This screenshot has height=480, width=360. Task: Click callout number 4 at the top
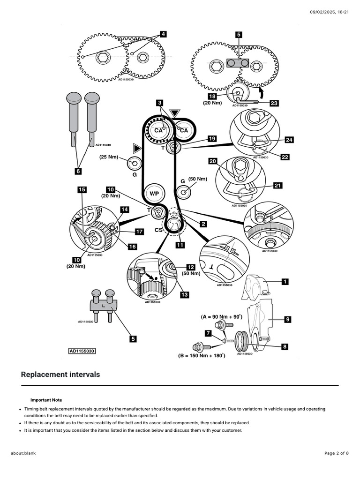(x=163, y=34)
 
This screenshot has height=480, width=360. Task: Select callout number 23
(x=274, y=103)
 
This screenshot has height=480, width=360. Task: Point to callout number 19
(x=212, y=139)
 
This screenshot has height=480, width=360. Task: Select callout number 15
(x=82, y=190)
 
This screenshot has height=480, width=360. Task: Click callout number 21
(x=277, y=186)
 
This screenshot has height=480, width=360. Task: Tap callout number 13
(x=184, y=294)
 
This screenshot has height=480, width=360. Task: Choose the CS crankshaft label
(x=158, y=230)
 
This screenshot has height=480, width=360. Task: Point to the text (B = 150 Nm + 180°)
(x=202, y=356)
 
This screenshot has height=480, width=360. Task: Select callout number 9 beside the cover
(x=287, y=319)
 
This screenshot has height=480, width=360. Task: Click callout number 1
(x=285, y=282)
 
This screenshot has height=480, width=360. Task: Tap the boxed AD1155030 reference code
(x=82, y=351)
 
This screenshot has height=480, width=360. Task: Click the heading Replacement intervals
(x=60, y=375)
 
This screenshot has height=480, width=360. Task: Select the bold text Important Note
(x=46, y=400)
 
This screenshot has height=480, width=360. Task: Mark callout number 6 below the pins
(x=78, y=172)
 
